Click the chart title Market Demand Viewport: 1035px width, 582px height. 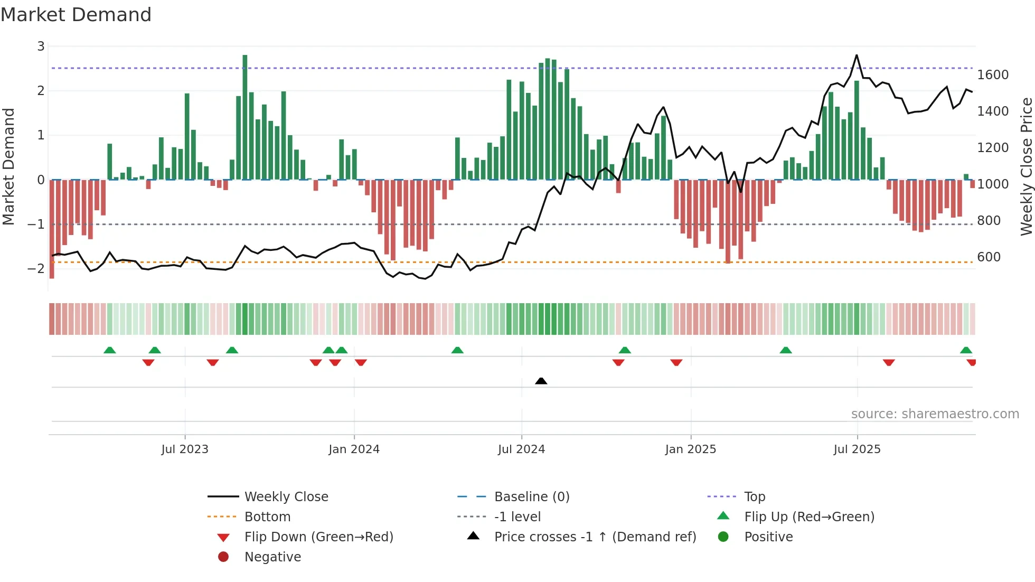click(x=76, y=15)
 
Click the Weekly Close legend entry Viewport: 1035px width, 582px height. click(x=286, y=496)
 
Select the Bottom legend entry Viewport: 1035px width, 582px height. click(x=267, y=517)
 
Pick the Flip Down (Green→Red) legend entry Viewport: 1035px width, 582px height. click(x=318, y=537)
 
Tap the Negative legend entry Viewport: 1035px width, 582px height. click(x=272, y=557)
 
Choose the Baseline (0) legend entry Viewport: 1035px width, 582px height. click(x=531, y=496)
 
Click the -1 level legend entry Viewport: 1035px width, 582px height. click(x=517, y=517)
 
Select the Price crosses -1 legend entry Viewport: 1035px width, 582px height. click(x=595, y=537)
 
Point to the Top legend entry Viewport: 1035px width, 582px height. click(x=754, y=496)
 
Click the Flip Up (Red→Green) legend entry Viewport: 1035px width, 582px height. click(x=809, y=517)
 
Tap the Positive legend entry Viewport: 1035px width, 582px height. click(x=768, y=537)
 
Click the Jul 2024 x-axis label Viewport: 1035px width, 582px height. click(x=521, y=449)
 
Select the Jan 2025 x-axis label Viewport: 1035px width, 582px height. click(x=690, y=449)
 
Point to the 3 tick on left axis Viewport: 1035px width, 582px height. click(x=41, y=46)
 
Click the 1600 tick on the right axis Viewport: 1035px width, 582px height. click(x=993, y=75)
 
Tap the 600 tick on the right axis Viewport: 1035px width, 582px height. click(x=989, y=257)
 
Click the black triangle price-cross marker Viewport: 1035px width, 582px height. click(x=541, y=381)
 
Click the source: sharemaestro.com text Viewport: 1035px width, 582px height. click(x=935, y=414)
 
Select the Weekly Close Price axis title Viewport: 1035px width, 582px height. click(x=1026, y=166)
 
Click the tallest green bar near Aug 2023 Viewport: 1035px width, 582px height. click(x=245, y=116)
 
